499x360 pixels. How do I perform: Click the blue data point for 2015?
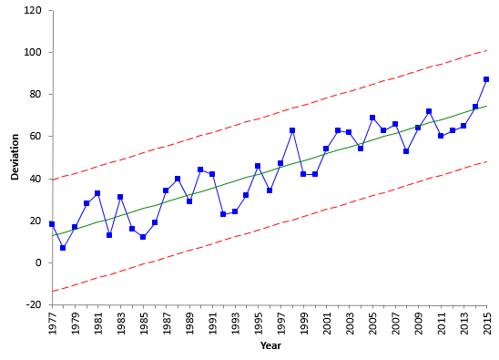click(486, 79)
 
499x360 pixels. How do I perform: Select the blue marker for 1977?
click(52, 224)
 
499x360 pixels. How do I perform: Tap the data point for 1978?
click(63, 247)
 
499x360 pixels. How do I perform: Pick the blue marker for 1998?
click(292, 130)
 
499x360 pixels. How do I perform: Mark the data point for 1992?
click(223, 214)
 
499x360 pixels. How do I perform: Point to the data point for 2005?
click(372, 118)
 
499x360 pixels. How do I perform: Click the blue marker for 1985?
click(143, 237)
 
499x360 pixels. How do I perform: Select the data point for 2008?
click(406, 151)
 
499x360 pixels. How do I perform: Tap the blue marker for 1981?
click(97, 193)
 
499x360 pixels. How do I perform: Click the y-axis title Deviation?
click(15, 158)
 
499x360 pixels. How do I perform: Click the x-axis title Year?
click(270, 346)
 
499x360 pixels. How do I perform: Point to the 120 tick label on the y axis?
click(34, 11)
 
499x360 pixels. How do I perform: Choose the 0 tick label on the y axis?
click(39, 262)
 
